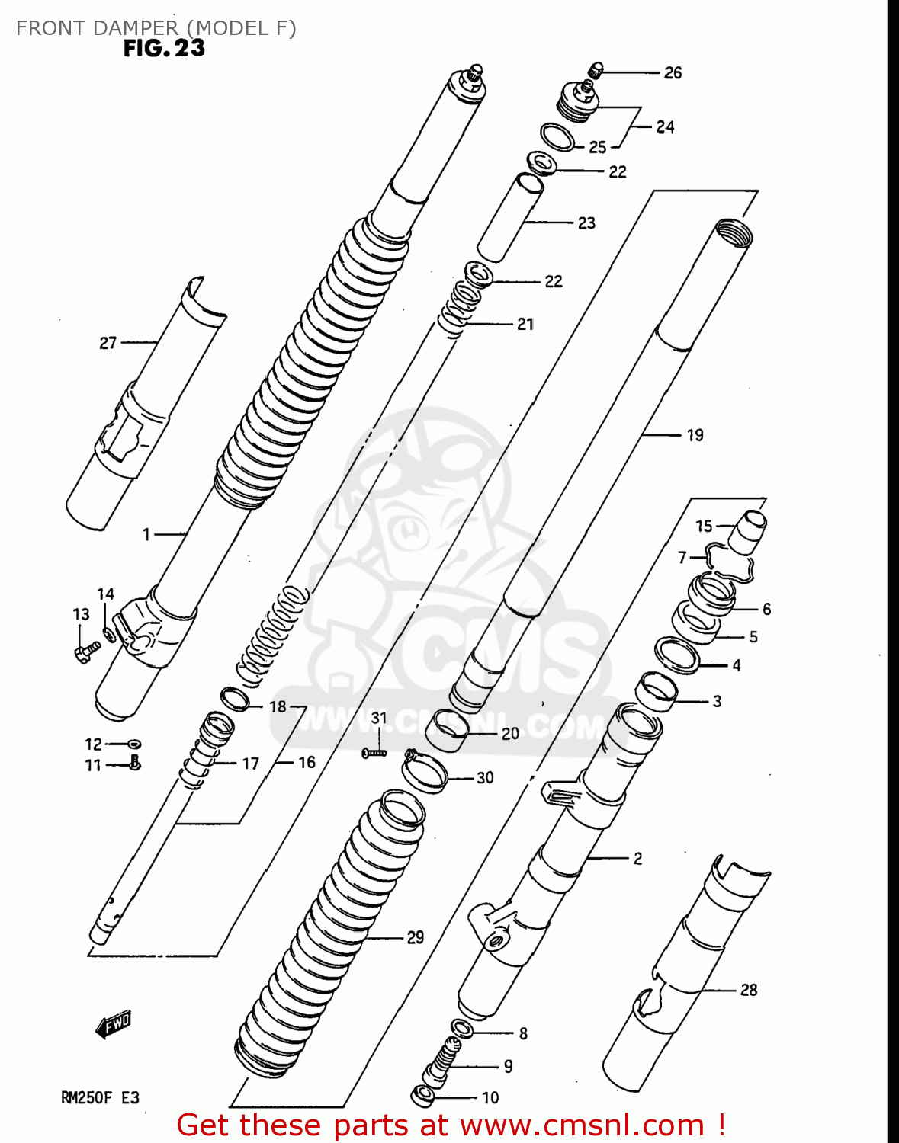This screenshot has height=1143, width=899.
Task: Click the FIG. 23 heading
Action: (164, 48)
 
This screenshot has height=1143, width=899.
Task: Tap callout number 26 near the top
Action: (673, 72)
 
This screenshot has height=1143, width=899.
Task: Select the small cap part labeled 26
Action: (596, 71)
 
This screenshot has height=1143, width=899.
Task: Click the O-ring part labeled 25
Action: (558, 137)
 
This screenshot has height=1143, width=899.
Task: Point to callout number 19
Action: (695, 435)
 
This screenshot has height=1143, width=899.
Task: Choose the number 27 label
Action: (108, 343)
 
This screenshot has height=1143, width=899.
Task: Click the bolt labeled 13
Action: (87, 651)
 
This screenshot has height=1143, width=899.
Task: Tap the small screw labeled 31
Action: (374, 753)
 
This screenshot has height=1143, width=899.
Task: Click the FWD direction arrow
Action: (114, 1025)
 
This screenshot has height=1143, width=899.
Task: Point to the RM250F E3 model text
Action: (100, 1098)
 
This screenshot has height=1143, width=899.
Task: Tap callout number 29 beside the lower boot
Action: (415, 937)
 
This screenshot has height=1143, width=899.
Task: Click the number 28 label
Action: (749, 990)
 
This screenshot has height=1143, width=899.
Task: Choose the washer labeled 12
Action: (135, 744)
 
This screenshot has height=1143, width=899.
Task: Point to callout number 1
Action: (146, 535)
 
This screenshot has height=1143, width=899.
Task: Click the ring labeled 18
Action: (235, 697)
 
